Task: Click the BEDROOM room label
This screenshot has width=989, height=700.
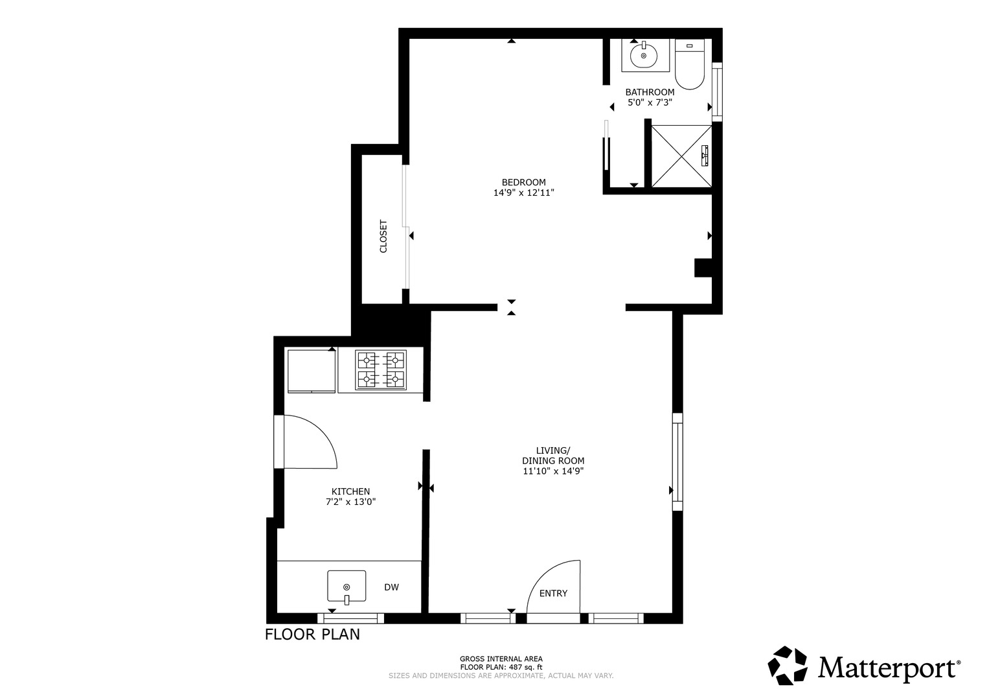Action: coord(523,182)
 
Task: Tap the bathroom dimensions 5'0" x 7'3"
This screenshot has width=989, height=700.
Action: coord(650,102)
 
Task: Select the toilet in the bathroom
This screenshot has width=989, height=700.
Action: coord(690,64)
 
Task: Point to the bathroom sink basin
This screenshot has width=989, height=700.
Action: coord(644,55)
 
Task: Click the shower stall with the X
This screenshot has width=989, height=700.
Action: coord(682,156)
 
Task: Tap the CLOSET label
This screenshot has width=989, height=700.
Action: coord(383,237)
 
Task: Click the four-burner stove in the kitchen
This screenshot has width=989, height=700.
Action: coord(381,370)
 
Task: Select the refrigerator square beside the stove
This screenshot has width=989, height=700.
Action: coord(312,371)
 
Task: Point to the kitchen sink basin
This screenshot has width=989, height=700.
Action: coord(347,587)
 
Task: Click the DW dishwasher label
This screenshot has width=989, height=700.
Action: coord(392,587)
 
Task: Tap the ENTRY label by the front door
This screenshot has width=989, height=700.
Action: coord(553,594)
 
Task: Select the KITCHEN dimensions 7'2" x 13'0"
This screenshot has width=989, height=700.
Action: coord(350,502)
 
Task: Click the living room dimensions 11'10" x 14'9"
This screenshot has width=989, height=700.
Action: coord(553,471)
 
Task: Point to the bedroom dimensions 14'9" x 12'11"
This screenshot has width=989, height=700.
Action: coord(523,192)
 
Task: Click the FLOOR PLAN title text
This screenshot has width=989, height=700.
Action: coord(312,635)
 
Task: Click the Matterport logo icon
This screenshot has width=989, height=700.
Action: coord(787,666)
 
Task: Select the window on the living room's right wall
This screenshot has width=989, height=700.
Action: coord(677,461)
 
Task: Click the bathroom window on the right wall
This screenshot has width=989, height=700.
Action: coord(718,92)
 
